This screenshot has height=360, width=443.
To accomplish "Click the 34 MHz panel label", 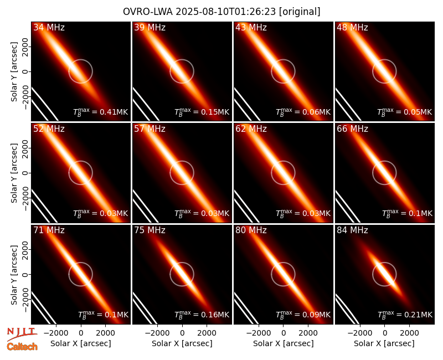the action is pos(49,27).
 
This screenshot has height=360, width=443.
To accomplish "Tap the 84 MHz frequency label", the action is pos(352,230).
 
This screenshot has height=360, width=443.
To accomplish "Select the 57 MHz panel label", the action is pos(150,129).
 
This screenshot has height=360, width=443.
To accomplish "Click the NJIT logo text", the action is pos(22,331).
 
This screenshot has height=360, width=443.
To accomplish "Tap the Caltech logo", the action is pos(22,347).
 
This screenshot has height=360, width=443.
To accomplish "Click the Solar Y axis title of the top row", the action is pos(14,72).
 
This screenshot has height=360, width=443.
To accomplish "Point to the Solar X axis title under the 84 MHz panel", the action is pos(384,343).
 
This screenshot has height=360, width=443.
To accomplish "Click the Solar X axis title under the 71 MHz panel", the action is pos(81,343).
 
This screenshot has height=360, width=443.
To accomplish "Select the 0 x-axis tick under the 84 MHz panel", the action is pos(384,333).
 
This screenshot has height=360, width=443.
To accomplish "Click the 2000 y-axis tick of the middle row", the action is pos(25,148).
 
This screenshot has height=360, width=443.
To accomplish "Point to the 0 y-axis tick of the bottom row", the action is pos(25,274).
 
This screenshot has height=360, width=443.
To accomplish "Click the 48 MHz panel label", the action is pos(352,27).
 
